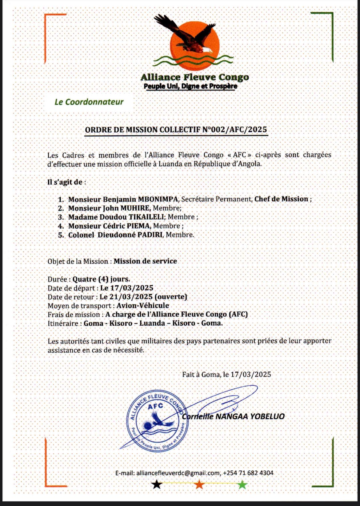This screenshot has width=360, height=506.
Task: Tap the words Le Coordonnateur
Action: [89, 102]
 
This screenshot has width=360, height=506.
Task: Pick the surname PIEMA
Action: [138, 226]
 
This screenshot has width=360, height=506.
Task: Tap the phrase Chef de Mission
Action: [281, 199]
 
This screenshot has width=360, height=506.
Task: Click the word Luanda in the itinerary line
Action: [152, 323]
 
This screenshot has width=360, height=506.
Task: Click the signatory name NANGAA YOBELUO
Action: [250, 417]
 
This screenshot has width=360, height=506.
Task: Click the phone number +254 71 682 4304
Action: [248, 473]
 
